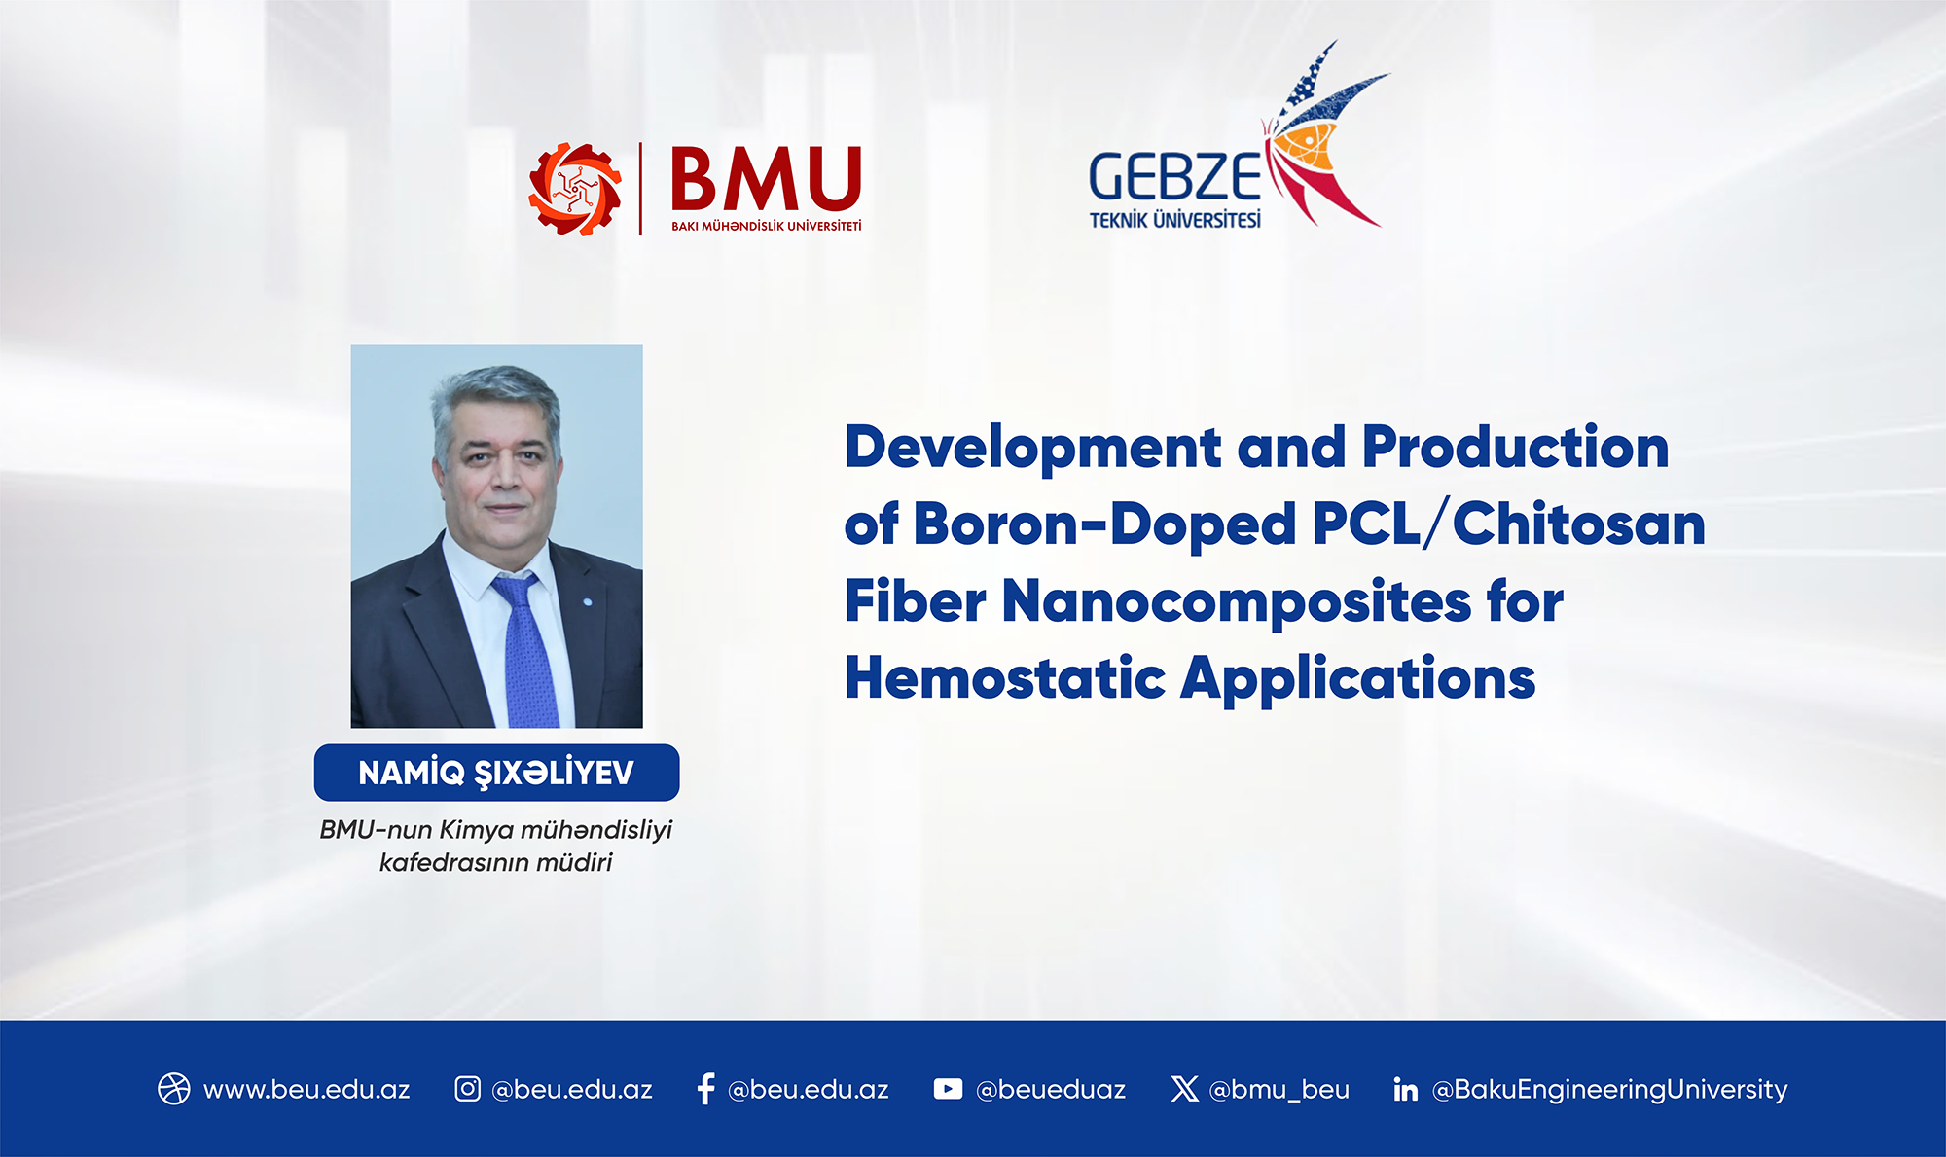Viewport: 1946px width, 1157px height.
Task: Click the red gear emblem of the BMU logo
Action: pos(575,189)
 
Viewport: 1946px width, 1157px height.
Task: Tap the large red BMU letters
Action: pos(766,179)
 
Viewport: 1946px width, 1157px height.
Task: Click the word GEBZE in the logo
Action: pos(1174,177)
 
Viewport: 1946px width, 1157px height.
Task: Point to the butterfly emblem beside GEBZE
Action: pos(1323,136)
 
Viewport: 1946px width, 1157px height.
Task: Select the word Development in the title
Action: pos(1032,448)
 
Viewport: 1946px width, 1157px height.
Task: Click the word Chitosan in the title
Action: pos(1578,524)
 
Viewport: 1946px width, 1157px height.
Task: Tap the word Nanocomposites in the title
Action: pos(1236,601)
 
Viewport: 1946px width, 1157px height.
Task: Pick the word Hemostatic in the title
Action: pos(1005,677)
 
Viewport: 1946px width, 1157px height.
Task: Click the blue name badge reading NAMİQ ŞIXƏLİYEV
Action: pos(496,773)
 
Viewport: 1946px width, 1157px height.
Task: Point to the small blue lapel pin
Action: pos(587,602)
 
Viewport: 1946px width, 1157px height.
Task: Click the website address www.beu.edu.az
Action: pos(306,1089)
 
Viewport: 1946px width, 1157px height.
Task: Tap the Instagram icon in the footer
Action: pos(467,1089)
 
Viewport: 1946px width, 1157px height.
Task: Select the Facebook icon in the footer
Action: pos(706,1089)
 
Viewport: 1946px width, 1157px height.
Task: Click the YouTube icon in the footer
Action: pos(948,1089)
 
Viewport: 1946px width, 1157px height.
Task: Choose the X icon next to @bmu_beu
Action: pos(1184,1089)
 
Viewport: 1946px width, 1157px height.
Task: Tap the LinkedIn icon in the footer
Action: pos(1405,1089)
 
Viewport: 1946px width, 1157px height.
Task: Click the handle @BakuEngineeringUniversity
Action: pos(1610,1090)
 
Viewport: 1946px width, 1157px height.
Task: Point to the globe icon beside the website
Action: pos(174,1089)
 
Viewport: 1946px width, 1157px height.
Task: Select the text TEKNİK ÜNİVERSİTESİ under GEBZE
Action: pos(1174,220)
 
